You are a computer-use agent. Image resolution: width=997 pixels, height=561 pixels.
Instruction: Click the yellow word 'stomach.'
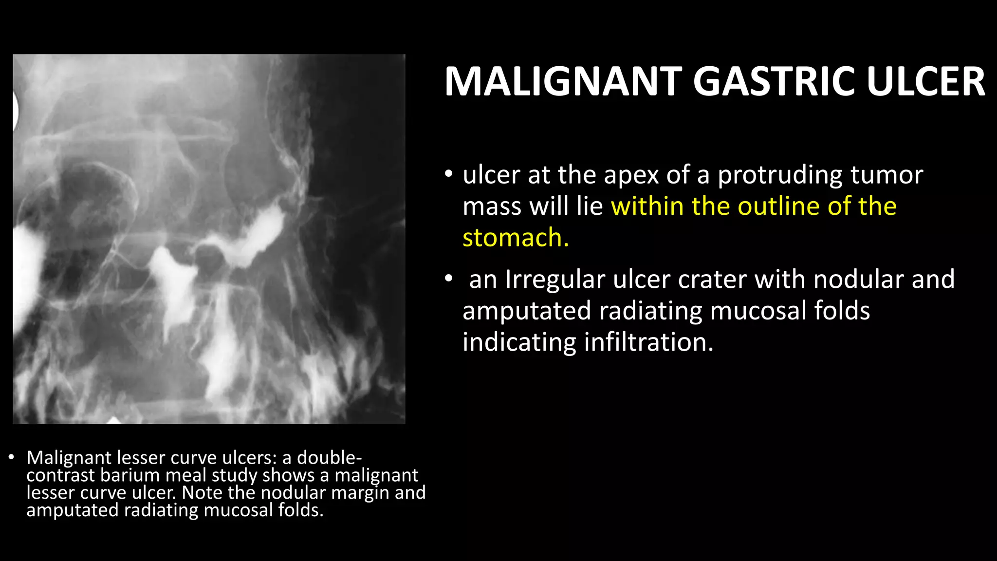516,238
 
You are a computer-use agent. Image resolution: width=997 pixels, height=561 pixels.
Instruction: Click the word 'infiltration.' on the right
648,342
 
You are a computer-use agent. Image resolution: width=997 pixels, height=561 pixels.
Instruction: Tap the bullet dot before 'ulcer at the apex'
448,174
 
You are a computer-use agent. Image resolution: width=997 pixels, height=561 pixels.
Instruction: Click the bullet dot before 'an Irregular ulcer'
448,279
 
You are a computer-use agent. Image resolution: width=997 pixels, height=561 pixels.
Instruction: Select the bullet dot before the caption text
11,457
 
